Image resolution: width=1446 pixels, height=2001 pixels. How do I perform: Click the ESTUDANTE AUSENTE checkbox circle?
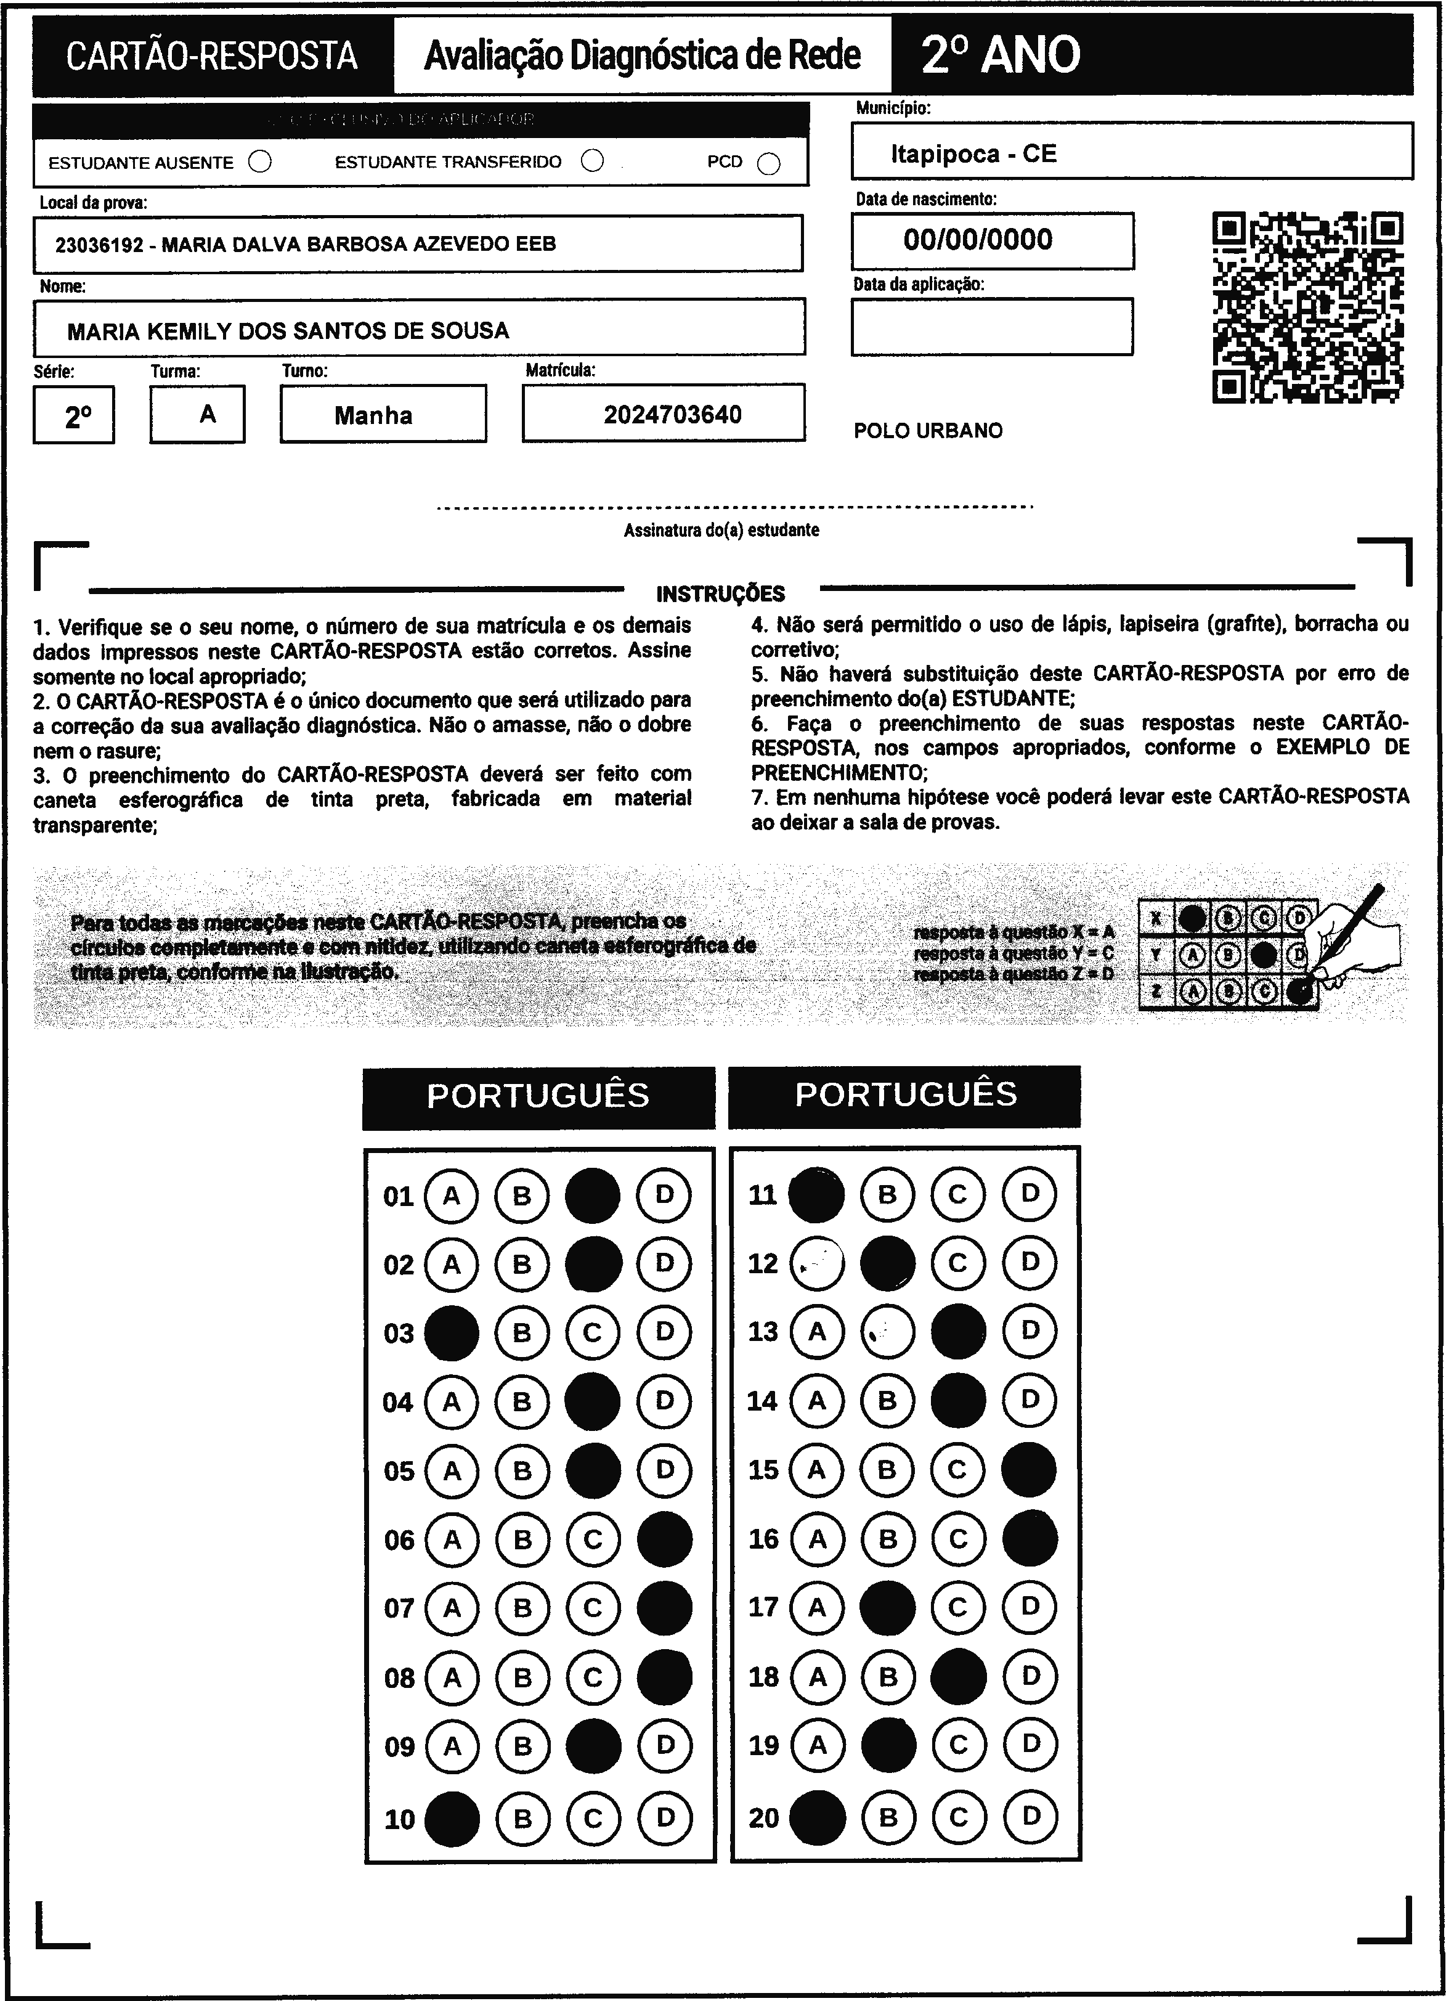click(260, 162)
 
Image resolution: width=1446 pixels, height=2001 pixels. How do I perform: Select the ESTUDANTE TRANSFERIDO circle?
click(593, 161)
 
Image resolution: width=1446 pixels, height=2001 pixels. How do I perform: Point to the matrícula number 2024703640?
click(672, 415)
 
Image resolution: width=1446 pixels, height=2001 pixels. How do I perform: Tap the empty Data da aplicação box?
click(992, 327)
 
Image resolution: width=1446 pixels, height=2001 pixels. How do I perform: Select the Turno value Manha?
click(373, 415)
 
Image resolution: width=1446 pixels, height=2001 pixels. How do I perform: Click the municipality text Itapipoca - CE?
click(973, 155)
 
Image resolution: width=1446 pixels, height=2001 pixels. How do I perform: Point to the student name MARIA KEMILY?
click(288, 332)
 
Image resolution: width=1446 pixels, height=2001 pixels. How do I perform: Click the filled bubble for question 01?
click(593, 1196)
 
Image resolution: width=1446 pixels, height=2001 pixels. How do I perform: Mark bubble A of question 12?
click(817, 1263)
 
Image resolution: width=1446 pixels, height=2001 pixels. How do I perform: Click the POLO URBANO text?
click(928, 431)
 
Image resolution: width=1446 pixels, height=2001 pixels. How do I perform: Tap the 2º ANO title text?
click(1001, 55)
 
